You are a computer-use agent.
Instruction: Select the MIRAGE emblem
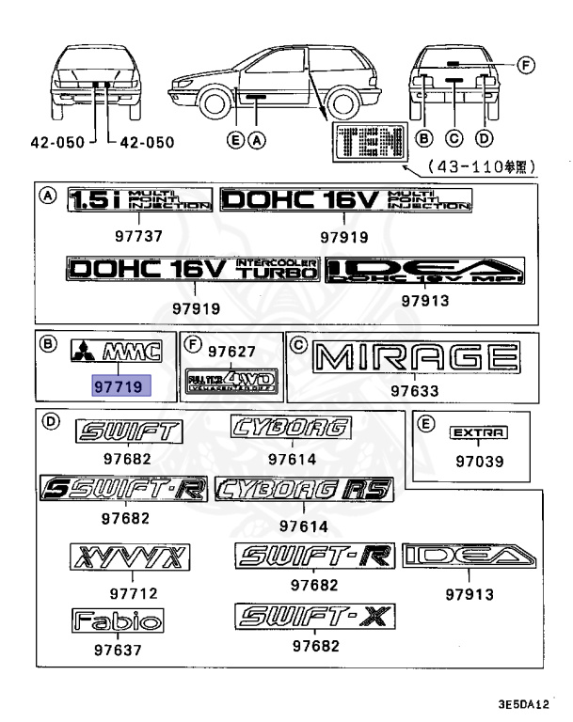pyautogui.click(x=417, y=358)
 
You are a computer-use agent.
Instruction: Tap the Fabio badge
pyautogui.click(x=118, y=620)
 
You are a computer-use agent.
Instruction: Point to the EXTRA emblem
pyautogui.click(x=479, y=432)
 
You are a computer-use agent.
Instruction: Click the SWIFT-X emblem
pyautogui.click(x=315, y=617)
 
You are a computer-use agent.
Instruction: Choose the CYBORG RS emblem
pyautogui.click(x=303, y=489)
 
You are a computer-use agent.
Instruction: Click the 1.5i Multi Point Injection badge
pyautogui.click(x=139, y=200)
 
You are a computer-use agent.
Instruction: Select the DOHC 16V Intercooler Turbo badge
pyautogui.click(x=193, y=270)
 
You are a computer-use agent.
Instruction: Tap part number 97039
pyautogui.click(x=480, y=462)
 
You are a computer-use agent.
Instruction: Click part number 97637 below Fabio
pyautogui.click(x=117, y=649)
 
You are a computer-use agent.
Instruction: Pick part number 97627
pyautogui.click(x=231, y=352)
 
